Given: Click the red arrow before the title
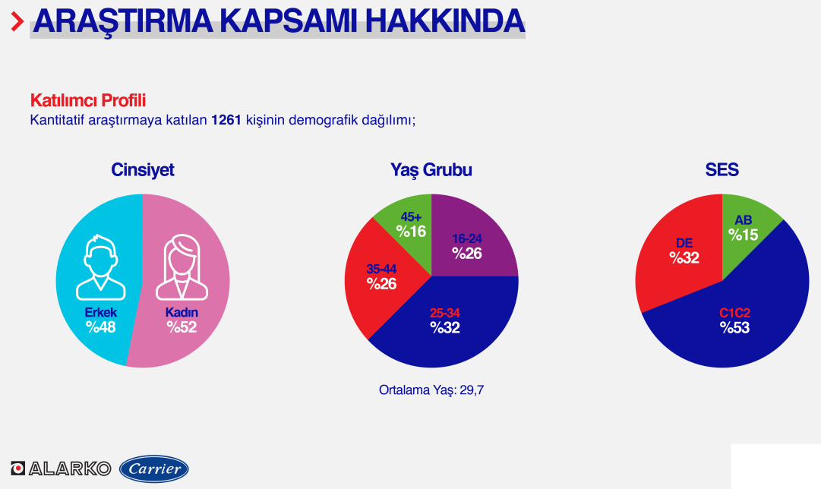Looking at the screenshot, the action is (x=17, y=21).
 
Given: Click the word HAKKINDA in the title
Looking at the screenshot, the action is (x=444, y=21).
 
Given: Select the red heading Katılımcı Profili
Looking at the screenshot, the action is (x=88, y=100).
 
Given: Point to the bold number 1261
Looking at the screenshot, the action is (x=226, y=120).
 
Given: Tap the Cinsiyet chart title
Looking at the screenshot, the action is (x=143, y=169).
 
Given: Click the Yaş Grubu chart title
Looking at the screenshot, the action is (x=431, y=169).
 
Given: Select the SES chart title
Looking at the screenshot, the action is (x=722, y=169).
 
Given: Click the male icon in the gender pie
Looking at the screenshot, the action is (x=100, y=267).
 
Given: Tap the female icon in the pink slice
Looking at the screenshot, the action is (x=182, y=267).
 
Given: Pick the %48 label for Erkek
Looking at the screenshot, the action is (x=100, y=327).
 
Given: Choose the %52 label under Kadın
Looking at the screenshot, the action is (x=182, y=327).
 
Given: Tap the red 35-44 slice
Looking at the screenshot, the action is (x=380, y=280).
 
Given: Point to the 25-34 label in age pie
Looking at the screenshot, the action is (x=444, y=313).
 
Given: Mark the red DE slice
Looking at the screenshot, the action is (x=680, y=251).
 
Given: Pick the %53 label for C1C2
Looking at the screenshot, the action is (x=734, y=328).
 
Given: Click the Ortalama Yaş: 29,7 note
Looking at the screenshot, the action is (x=431, y=390).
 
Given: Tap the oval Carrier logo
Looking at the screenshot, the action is (x=154, y=468).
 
